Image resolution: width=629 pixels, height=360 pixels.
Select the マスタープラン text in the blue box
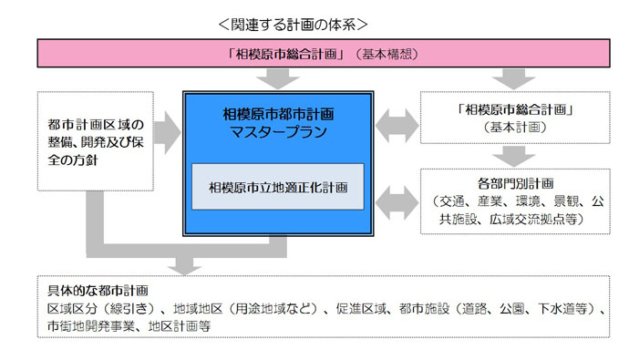[x=279, y=133]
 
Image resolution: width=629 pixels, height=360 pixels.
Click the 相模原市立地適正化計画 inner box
[x=279, y=187]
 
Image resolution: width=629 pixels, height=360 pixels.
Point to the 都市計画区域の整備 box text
[x=96, y=142]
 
